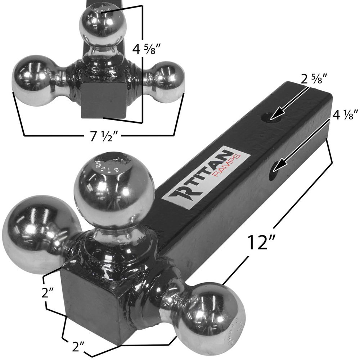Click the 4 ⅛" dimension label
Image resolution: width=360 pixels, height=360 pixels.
341,116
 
